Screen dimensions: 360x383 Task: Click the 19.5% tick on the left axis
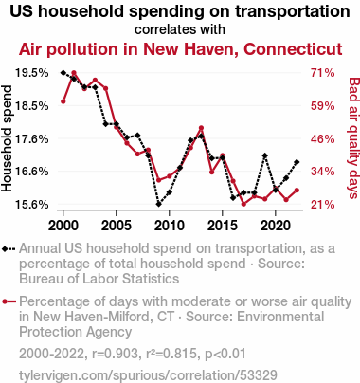click(32, 73)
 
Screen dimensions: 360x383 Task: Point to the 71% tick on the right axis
click(322, 73)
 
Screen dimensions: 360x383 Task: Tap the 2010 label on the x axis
click(170, 226)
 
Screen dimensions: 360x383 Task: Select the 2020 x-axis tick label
click(276, 226)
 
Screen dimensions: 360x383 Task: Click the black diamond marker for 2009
click(158, 204)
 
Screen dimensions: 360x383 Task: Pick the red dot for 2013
click(201, 128)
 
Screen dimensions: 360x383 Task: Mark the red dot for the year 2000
click(63, 101)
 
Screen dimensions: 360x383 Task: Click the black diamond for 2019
click(265, 155)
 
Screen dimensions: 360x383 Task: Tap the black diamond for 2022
click(297, 162)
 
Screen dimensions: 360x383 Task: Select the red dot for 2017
click(243, 204)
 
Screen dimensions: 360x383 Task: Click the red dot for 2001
click(74, 73)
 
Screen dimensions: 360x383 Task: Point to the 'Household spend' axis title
click(7, 138)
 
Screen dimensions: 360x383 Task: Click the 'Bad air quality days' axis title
click(354, 138)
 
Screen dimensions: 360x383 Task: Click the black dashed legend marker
click(9, 249)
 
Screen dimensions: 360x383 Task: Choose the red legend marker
click(9, 301)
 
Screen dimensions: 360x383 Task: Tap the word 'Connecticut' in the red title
click(293, 49)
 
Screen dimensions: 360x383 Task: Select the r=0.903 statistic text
click(115, 354)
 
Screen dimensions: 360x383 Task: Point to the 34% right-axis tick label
click(322, 172)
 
